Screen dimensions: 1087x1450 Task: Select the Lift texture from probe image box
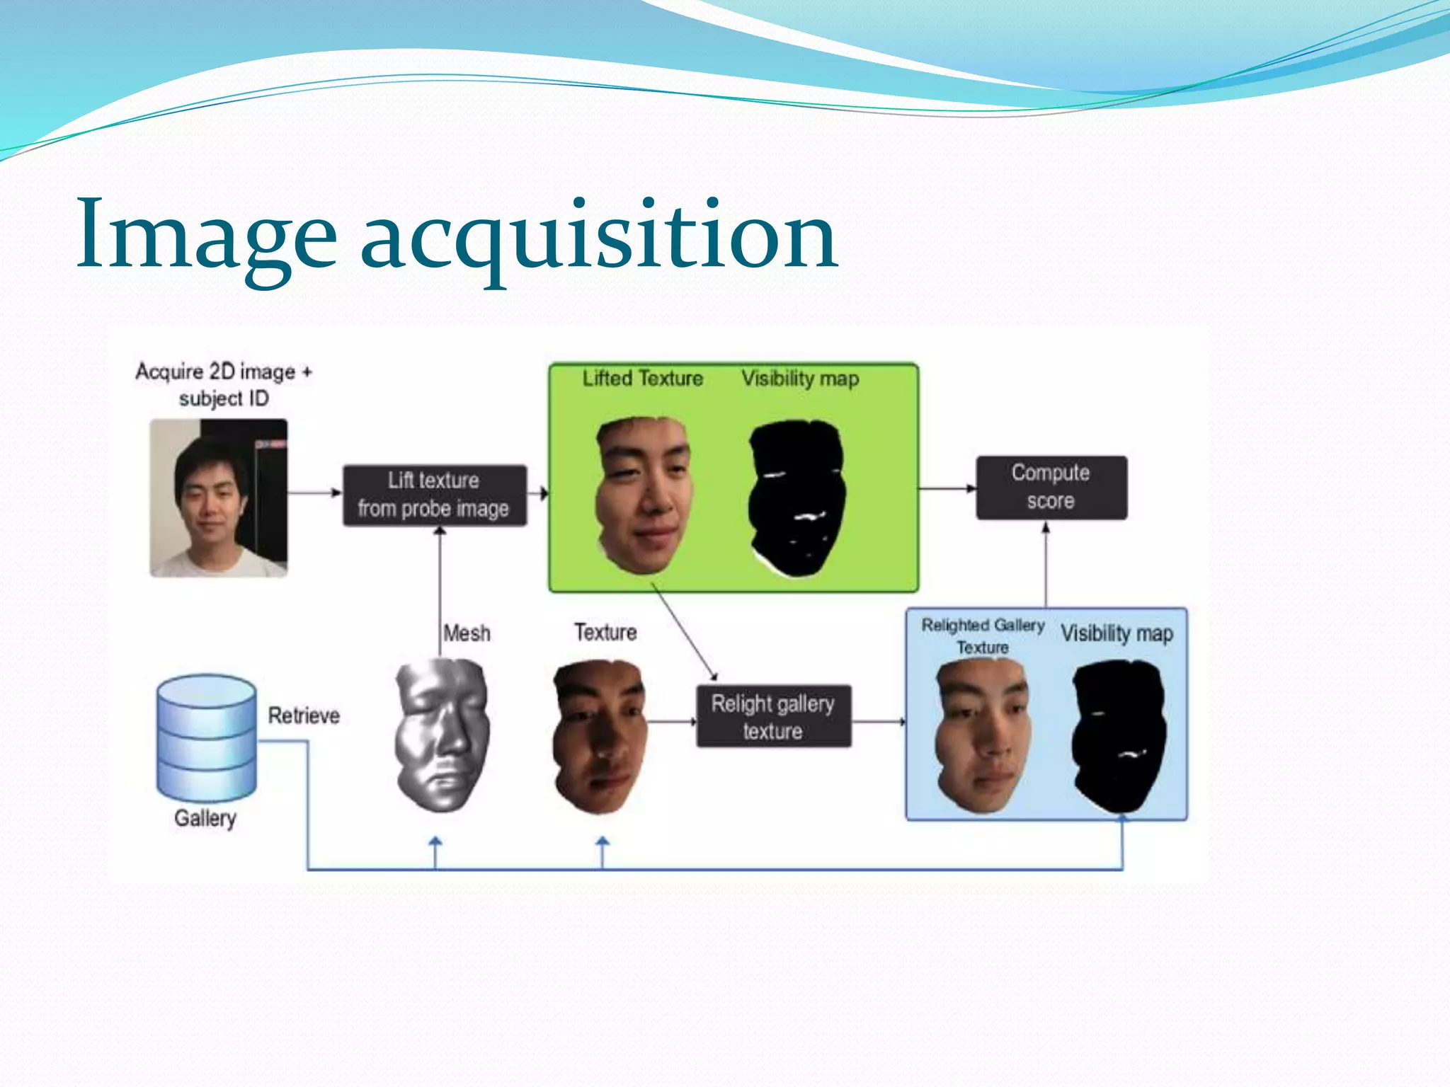point(435,495)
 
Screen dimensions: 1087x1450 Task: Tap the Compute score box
point(1051,487)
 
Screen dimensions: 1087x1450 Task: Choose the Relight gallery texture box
point(773,716)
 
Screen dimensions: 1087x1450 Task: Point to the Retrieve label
point(304,715)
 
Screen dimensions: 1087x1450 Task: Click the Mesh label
point(467,633)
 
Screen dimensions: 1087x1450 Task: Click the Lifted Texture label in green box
point(642,379)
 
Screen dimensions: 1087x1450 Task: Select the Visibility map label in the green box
point(800,379)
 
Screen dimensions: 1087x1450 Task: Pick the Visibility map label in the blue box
point(1117,633)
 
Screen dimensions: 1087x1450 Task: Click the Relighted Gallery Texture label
point(983,635)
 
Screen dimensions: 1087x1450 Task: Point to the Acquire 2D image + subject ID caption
point(224,384)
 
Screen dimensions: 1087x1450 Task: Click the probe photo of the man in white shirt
point(219,498)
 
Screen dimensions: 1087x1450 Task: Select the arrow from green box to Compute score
point(947,488)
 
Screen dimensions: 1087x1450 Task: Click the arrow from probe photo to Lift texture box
point(315,492)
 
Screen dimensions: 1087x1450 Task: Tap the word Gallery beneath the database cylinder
point(205,818)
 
